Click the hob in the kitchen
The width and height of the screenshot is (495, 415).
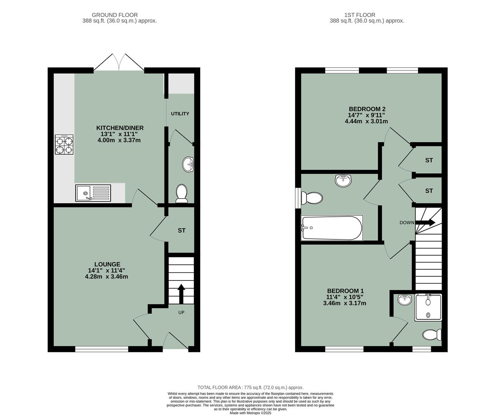coord(64,145)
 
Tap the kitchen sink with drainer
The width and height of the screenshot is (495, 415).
coord(93,193)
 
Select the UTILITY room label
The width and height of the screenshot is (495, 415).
coord(180,114)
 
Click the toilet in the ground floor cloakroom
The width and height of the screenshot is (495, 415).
coord(181,193)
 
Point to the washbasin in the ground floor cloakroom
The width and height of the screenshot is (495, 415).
coord(188,164)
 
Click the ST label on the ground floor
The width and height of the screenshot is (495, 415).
coord(181,231)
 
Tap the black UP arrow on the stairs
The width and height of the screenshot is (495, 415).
coord(181,294)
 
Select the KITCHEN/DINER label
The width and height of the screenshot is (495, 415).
coord(120,128)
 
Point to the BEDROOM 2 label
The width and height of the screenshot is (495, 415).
coord(367,109)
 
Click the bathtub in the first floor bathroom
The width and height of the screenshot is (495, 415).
coord(332,228)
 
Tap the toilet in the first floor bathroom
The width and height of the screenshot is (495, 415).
coord(312,198)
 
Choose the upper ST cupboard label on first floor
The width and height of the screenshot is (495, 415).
coord(429,160)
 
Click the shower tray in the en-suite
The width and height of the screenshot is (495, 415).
coord(428,307)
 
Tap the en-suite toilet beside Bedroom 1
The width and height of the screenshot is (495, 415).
coord(432,335)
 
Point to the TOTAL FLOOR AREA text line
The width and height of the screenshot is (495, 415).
coord(250,387)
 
